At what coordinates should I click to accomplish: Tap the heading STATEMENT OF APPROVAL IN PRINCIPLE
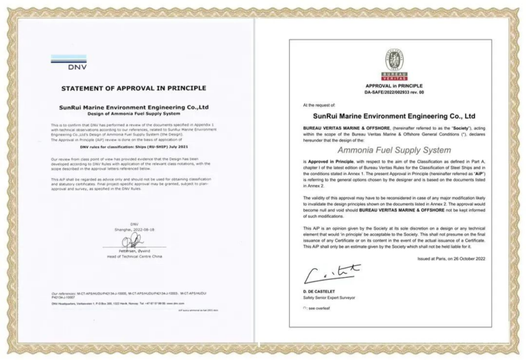pos(134,88)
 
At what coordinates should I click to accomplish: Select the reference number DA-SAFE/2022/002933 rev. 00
pos(394,92)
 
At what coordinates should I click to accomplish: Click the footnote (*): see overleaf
pos(320,309)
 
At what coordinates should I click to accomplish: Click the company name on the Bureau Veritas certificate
pos(394,116)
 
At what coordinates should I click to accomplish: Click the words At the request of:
pos(321,105)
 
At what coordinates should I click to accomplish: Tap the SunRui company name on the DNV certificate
pos(134,107)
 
